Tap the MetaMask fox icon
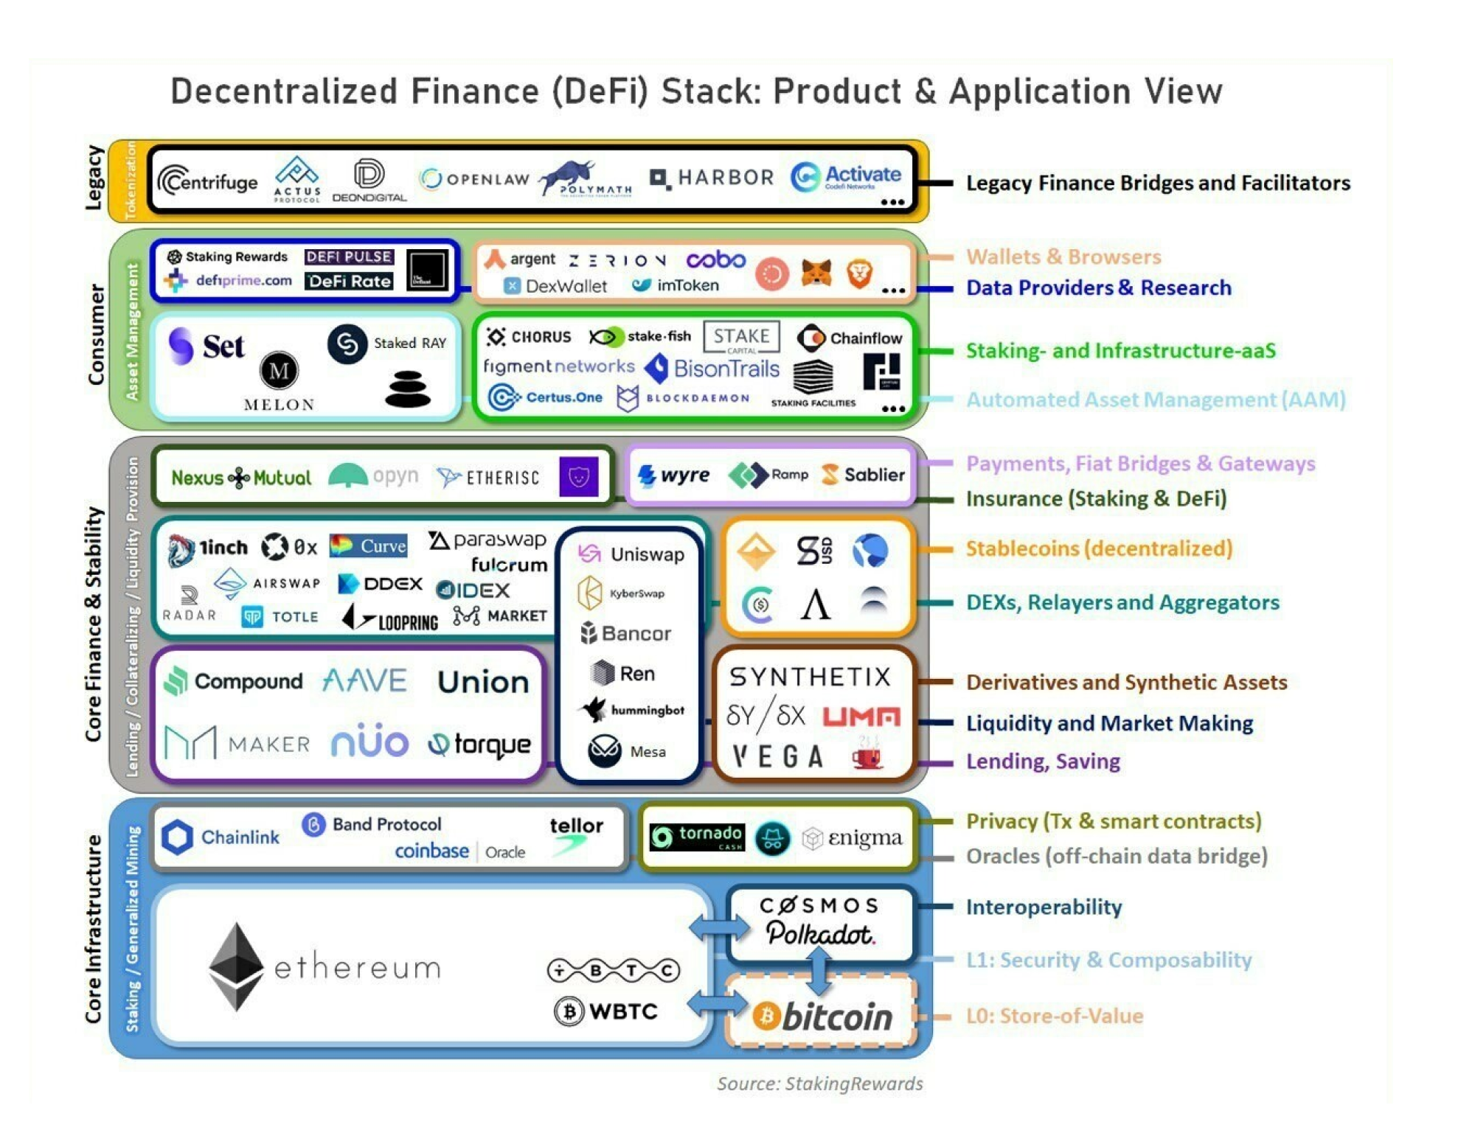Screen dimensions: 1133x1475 point(816,273)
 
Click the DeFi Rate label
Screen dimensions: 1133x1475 point(349,281)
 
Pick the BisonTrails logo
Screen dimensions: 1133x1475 point(712,369)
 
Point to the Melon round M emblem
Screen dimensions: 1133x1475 point(279,370)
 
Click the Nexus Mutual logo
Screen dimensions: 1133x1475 point(241,478)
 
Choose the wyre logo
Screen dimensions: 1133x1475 point(673,475)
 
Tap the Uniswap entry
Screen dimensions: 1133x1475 point(631,554)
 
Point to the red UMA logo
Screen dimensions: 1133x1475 point(861,717)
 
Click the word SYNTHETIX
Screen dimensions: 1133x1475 point(810,677)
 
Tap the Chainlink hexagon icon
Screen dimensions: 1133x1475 point(177,837)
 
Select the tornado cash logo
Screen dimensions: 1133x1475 point(696,837)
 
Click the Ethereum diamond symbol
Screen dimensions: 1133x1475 point(236,966)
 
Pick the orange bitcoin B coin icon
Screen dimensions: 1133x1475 point(766,1017)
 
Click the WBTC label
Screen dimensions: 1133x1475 point(622,1011)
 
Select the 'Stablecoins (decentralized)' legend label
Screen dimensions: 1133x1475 point(1098,548)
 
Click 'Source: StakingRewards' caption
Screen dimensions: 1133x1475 point(819,1083)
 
